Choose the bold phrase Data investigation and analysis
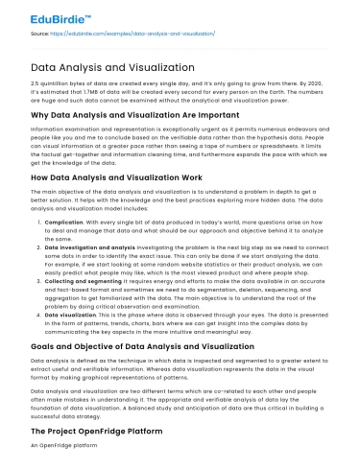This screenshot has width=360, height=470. click(x=87, y=274)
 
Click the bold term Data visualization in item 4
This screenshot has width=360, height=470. click(x=72, y=341)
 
